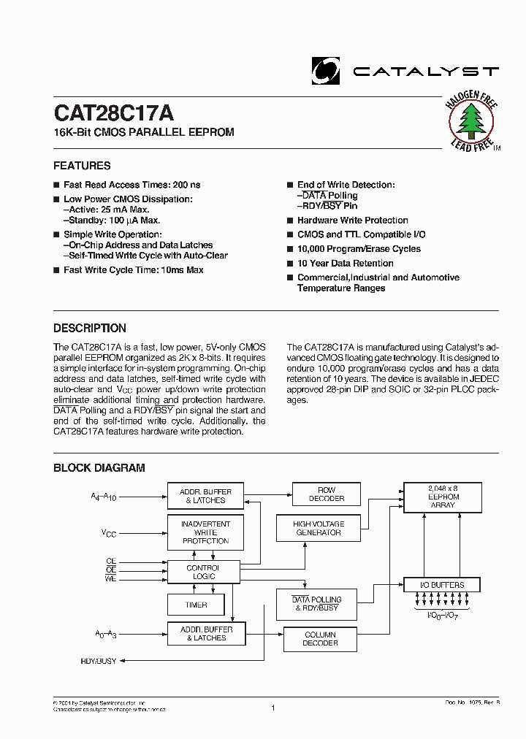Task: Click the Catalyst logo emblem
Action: click(325, 70)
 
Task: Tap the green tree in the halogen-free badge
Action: click(471, 120)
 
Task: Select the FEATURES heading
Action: click(82, 166)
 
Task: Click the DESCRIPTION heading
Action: click(90, 328)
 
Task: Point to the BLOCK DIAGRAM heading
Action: click(99, 468)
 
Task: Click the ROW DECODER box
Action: click(326, 494)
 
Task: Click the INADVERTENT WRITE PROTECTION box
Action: click(206, 532)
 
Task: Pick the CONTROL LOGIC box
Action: click(202, 572)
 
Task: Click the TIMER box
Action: click(197, 605)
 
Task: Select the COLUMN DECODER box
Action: click(320, 639)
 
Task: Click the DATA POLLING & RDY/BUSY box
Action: click(316, 604)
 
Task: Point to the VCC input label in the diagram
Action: click(108, 533)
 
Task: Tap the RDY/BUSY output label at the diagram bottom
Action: click(99, 660)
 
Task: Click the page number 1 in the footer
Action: click(272, 708)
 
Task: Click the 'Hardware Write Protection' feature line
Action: click(352, 220)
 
